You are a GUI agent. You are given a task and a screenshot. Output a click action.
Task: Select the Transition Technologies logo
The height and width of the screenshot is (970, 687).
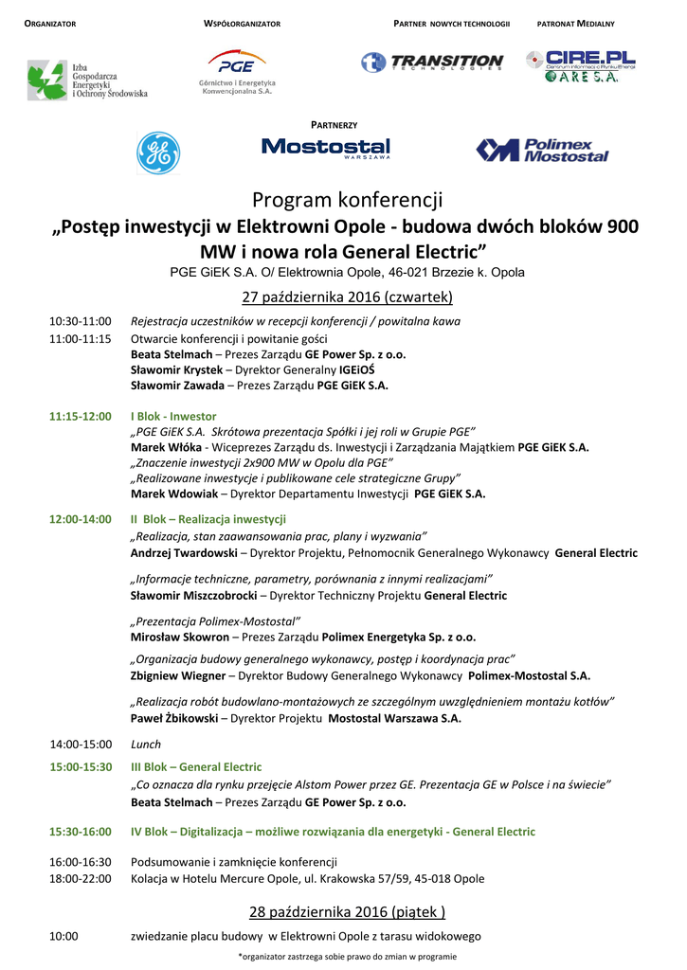point(431,63)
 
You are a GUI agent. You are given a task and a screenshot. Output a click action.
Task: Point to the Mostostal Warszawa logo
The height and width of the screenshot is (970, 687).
point(325,149)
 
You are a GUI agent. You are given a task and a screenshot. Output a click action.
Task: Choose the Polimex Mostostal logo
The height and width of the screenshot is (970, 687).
point(542,150)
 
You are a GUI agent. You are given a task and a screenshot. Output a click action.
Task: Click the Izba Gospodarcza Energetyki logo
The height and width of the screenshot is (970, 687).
point(86,81)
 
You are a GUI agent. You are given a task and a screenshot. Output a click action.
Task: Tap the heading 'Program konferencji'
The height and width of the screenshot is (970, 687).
point(347,201)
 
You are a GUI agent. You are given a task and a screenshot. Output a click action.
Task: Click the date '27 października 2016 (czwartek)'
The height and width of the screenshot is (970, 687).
point(348,297)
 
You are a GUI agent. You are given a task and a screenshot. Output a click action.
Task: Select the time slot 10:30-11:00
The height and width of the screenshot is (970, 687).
point(80,321)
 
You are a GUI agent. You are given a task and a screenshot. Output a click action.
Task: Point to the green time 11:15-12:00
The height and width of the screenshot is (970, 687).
point(80,416)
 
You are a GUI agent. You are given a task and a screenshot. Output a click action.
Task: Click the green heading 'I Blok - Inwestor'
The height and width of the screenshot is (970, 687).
point(173,416)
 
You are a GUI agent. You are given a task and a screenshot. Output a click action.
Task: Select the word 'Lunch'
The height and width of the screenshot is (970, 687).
point(145,745)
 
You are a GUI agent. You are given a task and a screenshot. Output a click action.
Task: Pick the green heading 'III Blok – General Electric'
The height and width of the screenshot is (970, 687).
point(196,766)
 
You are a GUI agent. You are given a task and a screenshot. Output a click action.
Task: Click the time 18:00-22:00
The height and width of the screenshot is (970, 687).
point(80,879)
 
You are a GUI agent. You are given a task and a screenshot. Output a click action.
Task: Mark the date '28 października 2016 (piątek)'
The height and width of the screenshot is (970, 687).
point(347,912)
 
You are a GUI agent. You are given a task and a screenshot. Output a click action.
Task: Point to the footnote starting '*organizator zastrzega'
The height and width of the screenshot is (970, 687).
point(347,957)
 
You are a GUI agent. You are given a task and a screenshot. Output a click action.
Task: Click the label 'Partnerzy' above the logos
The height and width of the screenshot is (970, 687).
point(334,125)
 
